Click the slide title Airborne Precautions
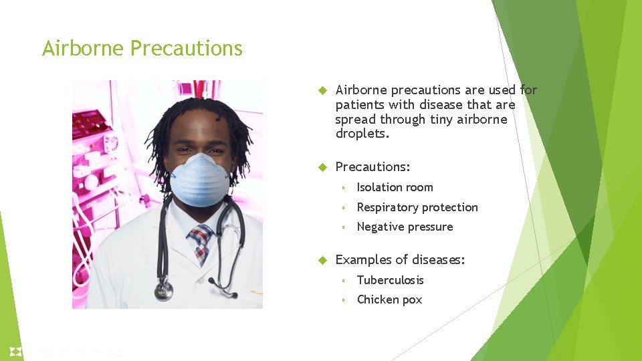point(142,49)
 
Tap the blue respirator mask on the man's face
point(199,179)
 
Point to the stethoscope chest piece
point(163,291)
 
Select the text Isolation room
point(395,187)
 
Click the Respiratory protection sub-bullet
point(417,207)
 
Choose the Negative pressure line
point(405,227)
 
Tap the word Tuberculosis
point(390,280)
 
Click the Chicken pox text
point(389,299)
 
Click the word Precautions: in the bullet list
point(372,166)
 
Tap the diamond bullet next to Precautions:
point(321,166)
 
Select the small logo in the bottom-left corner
point(16,351)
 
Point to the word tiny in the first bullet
point(443,119)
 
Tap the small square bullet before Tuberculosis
point(342,281)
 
